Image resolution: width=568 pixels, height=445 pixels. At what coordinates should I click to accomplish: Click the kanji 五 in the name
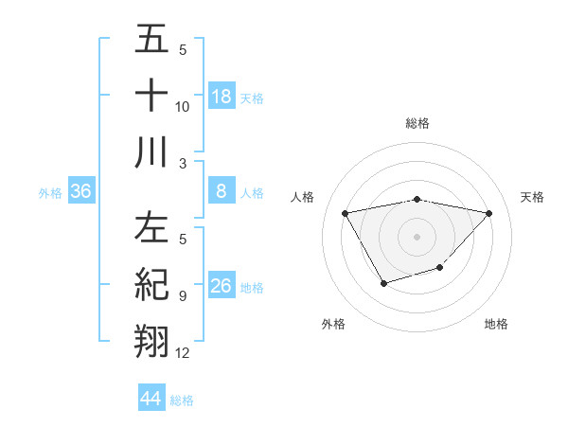[x=152, y=41]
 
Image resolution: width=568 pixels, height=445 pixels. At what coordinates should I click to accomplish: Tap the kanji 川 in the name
[x=152, y=151]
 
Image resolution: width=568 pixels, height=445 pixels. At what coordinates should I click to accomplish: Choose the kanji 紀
[x=152, y=285]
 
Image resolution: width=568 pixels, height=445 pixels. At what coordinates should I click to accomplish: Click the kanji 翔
[x=152, y=340]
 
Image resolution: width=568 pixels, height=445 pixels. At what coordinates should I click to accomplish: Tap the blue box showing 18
[x=222, y=96]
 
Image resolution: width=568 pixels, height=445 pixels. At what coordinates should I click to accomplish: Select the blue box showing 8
[x=222, y=191]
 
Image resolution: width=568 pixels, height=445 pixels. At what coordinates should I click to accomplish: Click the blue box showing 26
[x=222, y=286]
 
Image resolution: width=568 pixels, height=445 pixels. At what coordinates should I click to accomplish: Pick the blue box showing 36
[x=81, y=191]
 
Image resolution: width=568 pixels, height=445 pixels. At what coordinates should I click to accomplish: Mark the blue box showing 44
[x=151, y=399]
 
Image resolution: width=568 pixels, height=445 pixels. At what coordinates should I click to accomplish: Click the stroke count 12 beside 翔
[x=183, y=353]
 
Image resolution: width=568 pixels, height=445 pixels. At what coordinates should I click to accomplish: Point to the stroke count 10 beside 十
[x=183, y=107]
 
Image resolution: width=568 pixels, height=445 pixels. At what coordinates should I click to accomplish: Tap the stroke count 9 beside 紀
[x=182, y=296]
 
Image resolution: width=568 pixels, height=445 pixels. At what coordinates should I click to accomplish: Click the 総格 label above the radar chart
[x=417, y=123]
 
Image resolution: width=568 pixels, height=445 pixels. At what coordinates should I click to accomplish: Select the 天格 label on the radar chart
[x=532, y=197]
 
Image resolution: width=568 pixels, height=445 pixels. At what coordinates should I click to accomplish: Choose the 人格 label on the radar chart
[x=303, y=197]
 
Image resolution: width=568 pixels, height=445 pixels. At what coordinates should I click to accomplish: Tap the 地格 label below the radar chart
[x=496, y=324]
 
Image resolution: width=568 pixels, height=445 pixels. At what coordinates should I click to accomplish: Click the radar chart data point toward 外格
[x=382, y=283]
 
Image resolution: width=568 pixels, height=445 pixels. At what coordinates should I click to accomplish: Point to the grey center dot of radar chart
[x=417, y=235]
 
